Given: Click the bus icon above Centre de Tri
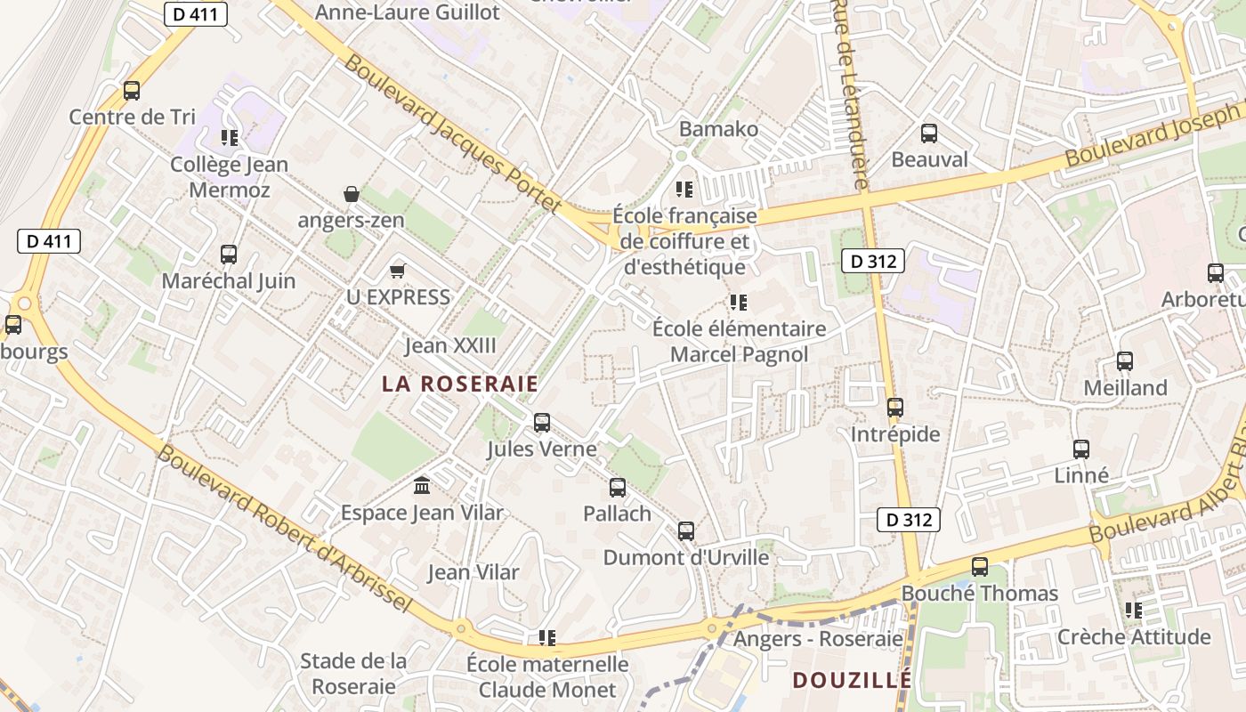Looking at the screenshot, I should click(x=132, y=90).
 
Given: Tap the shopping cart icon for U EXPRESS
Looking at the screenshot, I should click(x=398, y=271).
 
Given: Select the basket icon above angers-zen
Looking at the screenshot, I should click(x=352, y=193).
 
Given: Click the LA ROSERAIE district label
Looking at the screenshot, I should click(x=460, y=384).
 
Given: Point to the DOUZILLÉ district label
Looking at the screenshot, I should click(x=852, y=680).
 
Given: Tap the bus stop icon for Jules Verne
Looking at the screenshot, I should click(x=542, y=423).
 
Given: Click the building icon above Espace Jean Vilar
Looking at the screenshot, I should click(x=422, y=486).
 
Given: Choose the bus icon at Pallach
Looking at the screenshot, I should click(x=617, y=488).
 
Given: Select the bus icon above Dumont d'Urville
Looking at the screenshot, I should click(x=685, y=531).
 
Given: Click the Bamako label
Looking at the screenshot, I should click(x=718, y=129).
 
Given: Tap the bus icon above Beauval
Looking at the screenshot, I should click(x=929, y=133).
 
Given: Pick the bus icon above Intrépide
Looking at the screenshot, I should click(x=895, y=408).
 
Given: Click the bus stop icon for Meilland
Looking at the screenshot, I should click(x=1125, y=361).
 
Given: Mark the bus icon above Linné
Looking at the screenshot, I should click(x=1081, y=449).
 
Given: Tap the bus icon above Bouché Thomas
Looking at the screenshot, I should click(x=980, y=566).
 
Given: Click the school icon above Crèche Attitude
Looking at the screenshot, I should click(x=1133, y=611).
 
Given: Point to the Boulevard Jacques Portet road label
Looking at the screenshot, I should click(x=452, y=133).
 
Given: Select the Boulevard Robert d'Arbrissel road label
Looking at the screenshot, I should click(x=285, y=529).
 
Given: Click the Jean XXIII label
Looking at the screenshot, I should click(x=450, y=345).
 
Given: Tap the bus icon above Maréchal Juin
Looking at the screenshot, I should click(x=229, y=255).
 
